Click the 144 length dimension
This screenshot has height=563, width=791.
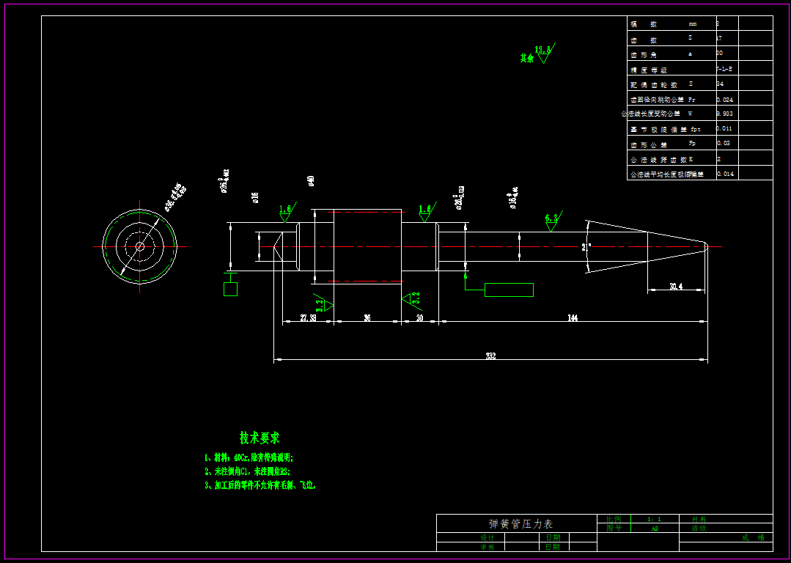(x=573, y=317)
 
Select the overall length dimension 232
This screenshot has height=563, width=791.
(x=490, y=356)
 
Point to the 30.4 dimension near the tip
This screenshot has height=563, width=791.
(x=676, y=287)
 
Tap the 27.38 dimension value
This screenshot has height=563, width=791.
(x=308, y=317)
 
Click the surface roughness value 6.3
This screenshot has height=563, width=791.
(x=551, y=218)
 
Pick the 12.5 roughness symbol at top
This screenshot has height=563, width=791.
(x=542, y=51)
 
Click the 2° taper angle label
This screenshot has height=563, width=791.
(x=586, y=248)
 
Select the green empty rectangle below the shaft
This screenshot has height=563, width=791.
(x=509, y=290)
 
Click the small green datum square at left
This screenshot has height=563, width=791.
(x=230, y=289)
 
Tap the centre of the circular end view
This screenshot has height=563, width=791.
(x=139, y=246)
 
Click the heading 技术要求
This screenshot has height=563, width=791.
(x=260, y=438)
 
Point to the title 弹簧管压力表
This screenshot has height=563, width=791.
(x=520, y=523)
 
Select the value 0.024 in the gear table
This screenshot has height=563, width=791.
(x=724, y=99)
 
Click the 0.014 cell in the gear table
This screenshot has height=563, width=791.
(x=724, y=174)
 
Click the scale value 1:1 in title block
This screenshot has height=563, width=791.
(x=654, y=518)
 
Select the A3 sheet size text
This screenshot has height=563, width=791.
(x=654, y=528)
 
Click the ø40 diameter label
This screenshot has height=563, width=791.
(x=311, y=180)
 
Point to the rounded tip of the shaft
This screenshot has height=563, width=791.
(x=704, y=246)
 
